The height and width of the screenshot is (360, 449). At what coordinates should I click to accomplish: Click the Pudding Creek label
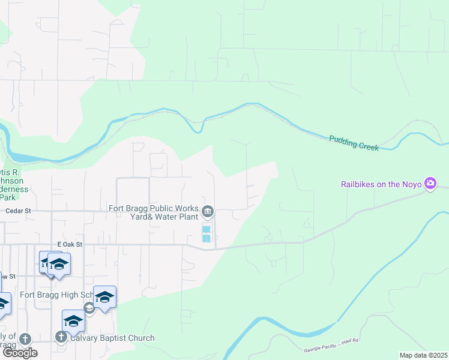point(354,143)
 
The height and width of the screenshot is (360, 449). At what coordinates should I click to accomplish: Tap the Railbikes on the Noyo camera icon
point(430,184)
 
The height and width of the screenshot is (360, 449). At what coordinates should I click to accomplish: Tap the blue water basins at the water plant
point(206,234)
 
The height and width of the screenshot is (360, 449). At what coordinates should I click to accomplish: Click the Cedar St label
point(17,211)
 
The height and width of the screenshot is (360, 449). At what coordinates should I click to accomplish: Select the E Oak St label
point(69,244)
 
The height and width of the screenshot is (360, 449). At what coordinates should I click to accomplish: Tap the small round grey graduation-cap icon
point(89,308)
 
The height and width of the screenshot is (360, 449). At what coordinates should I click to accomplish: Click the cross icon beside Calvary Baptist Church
point(61,338)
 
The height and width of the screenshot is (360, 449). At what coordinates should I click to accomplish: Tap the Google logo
point(20,353)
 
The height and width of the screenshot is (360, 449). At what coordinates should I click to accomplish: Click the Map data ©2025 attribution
point(423,355)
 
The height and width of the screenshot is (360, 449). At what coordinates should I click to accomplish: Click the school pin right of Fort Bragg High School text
point(104,297)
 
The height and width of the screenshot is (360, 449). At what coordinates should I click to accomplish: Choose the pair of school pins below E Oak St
point(55,263)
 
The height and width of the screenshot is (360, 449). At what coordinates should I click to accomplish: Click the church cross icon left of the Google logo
point(25,339)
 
